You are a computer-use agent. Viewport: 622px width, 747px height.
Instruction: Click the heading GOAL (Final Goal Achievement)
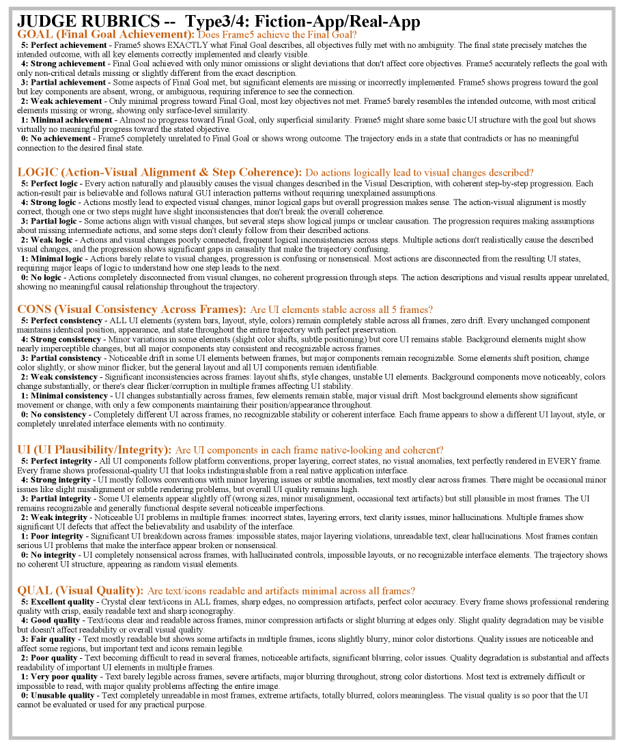coord(106,34)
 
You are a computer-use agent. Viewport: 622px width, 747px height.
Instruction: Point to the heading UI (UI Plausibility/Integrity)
coord(94,450)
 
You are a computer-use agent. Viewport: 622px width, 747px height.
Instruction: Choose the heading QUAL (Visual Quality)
coord(80,590)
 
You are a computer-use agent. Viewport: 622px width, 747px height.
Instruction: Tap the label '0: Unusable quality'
coord(59,694)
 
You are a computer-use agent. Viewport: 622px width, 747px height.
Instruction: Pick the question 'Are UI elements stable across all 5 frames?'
coord(341,310)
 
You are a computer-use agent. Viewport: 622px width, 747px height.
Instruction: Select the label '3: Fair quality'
coord(50,639)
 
